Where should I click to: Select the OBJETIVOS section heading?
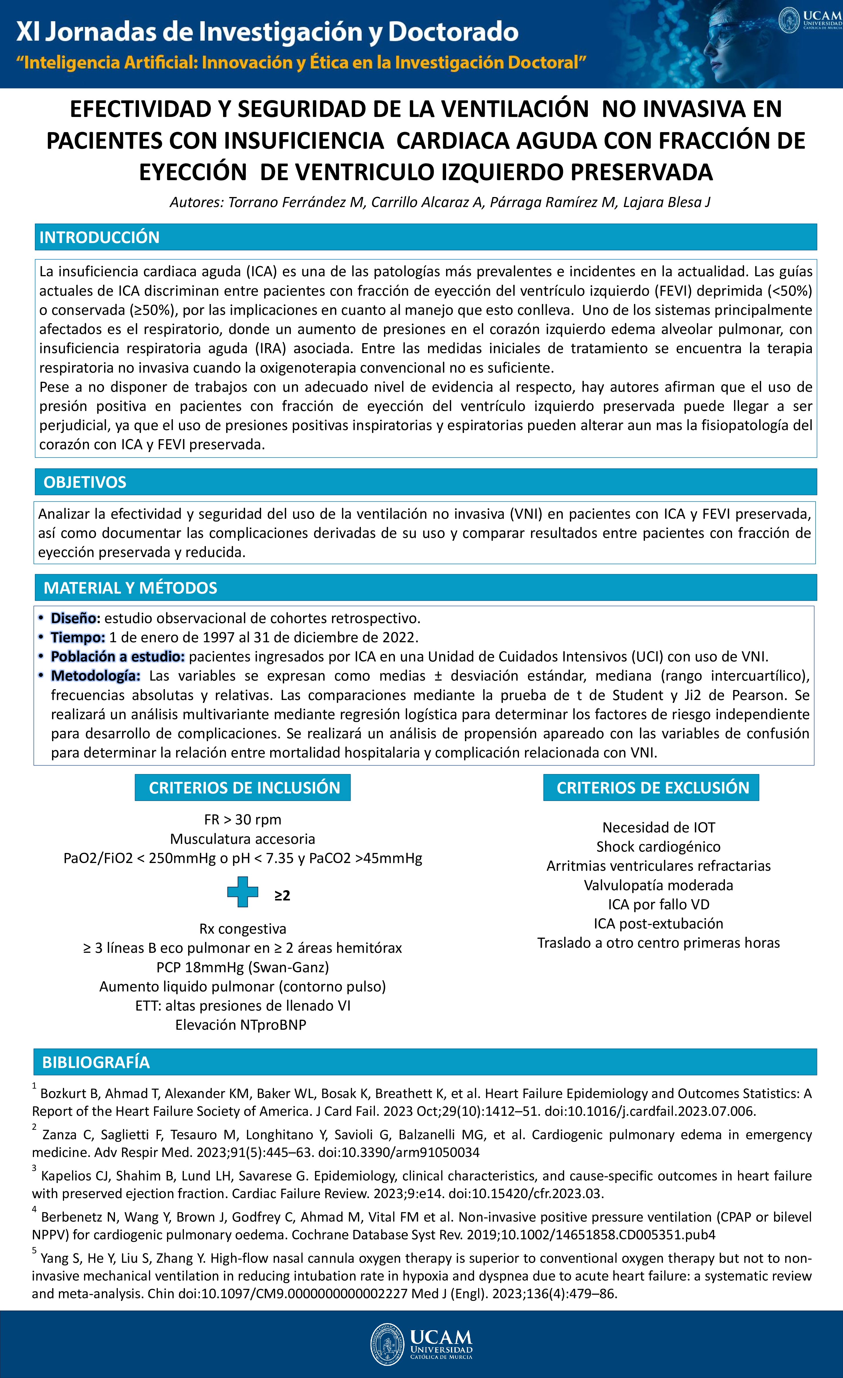coord(85,482)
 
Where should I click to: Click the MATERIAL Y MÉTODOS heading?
coord(130,588)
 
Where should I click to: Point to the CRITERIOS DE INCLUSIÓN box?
coord(243,788)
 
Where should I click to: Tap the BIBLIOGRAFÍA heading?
coord(96,1062)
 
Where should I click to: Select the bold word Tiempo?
coord(78,638)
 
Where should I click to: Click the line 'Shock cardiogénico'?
coord(658,847)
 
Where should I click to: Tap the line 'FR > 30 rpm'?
coord(243,820)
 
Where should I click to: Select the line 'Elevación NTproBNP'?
coord(241,1025)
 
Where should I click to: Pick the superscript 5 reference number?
coord(34,1250)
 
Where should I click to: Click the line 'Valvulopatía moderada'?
coord(658,885)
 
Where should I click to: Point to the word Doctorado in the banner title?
coord(453,32)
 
